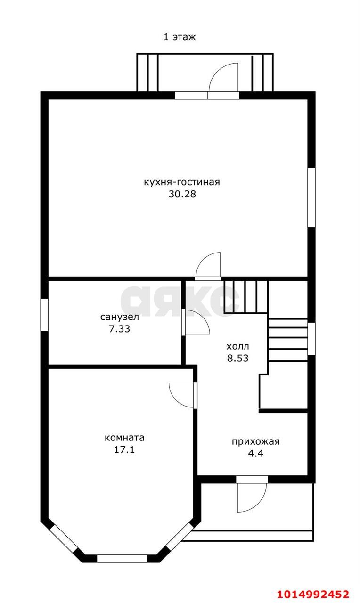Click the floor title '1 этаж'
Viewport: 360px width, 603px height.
180,37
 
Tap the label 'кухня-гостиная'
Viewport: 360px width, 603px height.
182,182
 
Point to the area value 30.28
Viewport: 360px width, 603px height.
182,194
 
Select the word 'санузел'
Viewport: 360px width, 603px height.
120,317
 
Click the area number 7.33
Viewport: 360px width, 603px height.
120,329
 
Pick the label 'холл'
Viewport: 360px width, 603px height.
238,346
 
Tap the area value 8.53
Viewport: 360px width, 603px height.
238,359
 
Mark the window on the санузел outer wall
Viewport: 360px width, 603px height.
44,314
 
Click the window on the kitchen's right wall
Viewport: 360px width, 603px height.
311,197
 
